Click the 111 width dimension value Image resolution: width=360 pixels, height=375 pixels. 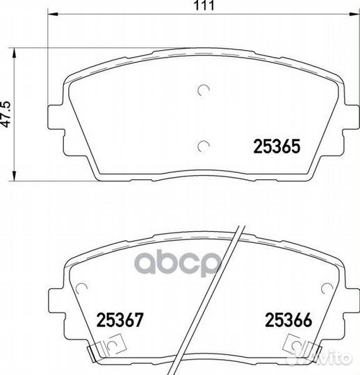pyautogui.click(x=204, y=6)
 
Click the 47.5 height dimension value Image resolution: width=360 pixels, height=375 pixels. pyautogui.click(x=6, y=114)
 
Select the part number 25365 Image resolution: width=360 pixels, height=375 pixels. pyautogui.click(x=277, y=147)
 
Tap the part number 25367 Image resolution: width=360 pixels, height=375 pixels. pyautogui.click(x=120, y=319)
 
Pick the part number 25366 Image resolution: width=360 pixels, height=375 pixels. pyautogui.click(x=288, y=319)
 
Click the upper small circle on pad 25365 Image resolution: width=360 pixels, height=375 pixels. pyautogui.click(x=204, y=90)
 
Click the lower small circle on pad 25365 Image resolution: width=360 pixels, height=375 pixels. pyautogui.click(x=204, y=146)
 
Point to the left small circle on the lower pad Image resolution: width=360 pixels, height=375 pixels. pyautogui.click(x=81, y=288)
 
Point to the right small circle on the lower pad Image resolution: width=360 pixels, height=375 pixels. pyautogui.click(x=327, y=288)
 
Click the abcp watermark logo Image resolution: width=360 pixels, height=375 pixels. pyautogui.click(x=178, y=263)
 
